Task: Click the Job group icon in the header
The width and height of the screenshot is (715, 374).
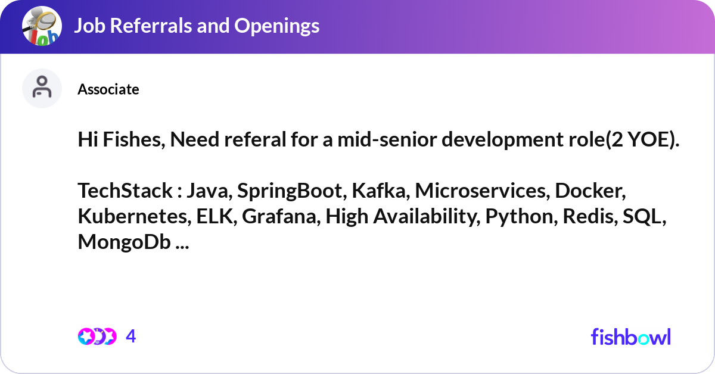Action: point(42,26)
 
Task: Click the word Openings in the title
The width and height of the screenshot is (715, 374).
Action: point(276,26)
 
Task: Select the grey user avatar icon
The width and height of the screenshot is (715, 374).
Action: point(42,88)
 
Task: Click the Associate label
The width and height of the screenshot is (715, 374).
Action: point(108,89)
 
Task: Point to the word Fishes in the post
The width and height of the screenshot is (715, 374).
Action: point(133,139)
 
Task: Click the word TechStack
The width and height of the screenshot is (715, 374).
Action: point(125,191)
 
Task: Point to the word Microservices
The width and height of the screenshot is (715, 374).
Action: point(482,191)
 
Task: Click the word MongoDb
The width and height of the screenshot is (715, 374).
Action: point(124,242)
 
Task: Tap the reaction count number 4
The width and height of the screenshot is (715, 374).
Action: point(131,336)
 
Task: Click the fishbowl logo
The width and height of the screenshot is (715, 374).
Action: point(631,336)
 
